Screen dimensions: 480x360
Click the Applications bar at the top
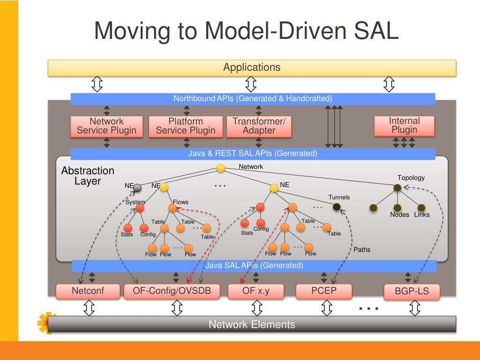pos(252,67)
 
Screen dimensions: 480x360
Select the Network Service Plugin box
pos(106,126)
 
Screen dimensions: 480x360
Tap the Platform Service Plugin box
pos(186,126)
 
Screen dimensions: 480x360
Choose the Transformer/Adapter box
pos(259,126)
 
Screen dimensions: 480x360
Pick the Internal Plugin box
pos(404,126)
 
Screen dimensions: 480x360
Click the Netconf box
pos(88,291)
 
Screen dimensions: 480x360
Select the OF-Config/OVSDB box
pos(172,291)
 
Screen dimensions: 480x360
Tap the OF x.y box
pos(256,291)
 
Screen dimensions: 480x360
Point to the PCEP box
pos(324,291)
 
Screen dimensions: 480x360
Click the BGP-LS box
pos(412,291)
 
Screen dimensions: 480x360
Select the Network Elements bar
pos(252,324)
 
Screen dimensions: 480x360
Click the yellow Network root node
pos(221,168)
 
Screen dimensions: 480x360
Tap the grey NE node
pos(137,188)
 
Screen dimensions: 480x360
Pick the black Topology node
pos(397,188)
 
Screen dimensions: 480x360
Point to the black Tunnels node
pos(337,207)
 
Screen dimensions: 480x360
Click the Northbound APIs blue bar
pos(253,99)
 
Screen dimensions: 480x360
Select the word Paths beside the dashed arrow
pos(362,250)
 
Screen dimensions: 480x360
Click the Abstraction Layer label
pos(88,176)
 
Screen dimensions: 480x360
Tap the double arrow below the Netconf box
pos(89,307)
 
